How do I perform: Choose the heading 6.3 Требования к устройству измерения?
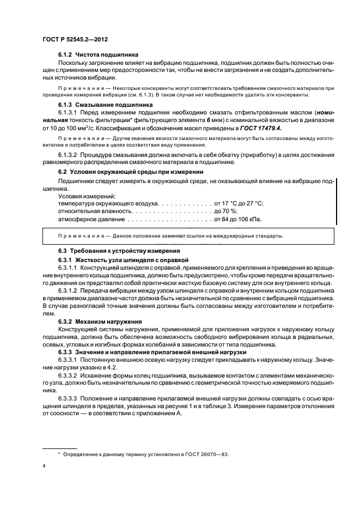tap(119, 251)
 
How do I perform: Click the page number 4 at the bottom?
tap(45, 466)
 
